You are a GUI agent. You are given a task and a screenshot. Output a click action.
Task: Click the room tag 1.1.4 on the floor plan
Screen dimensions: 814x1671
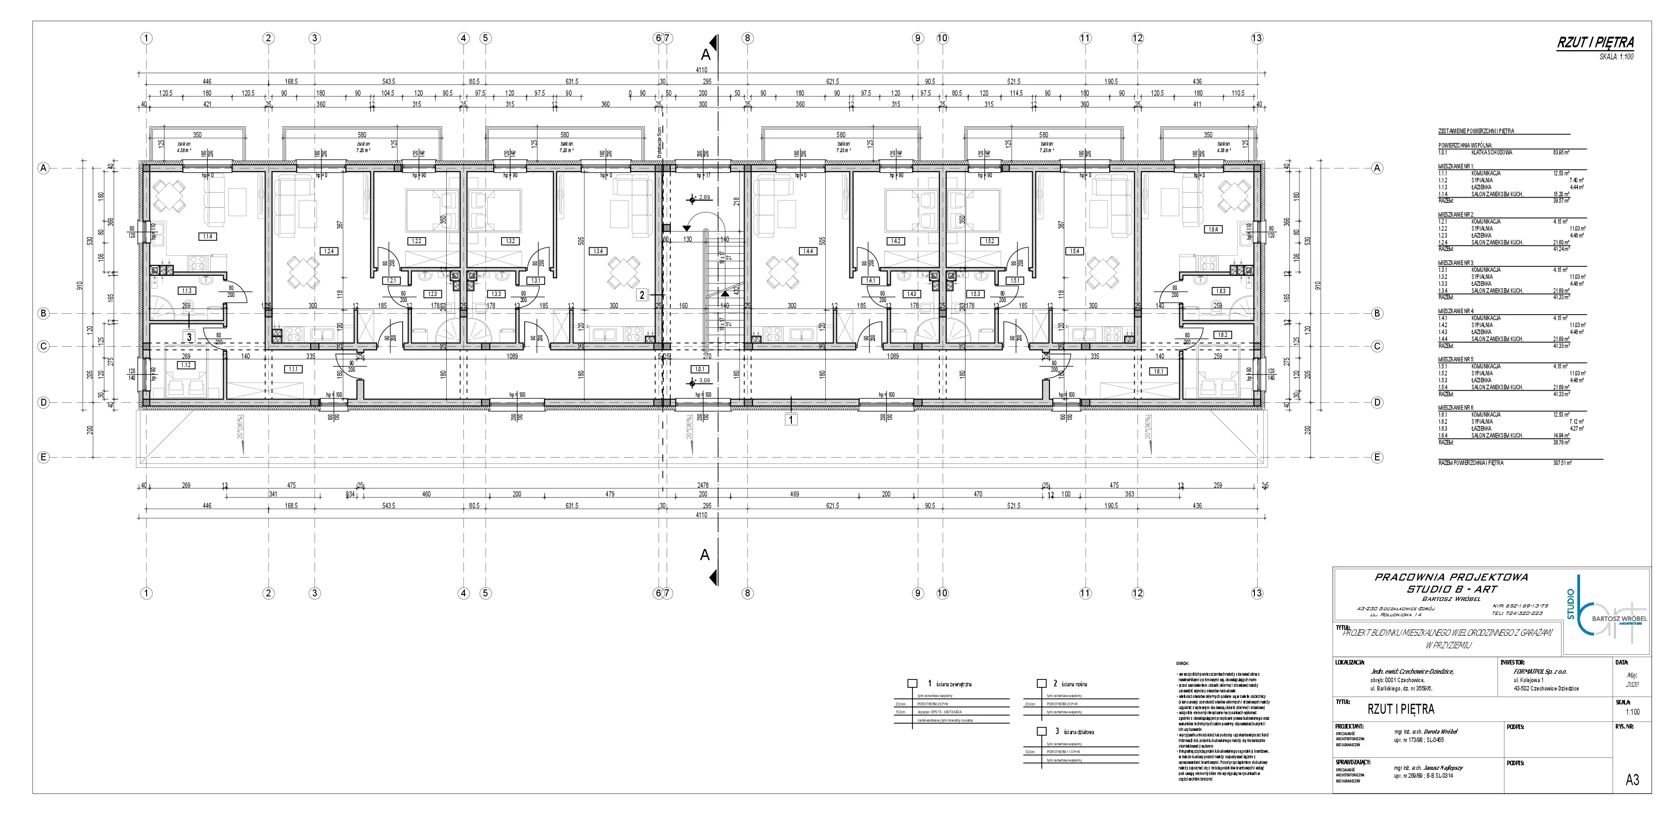(207, 237)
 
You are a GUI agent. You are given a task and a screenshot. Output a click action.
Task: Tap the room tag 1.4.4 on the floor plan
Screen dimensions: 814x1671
(808, 251)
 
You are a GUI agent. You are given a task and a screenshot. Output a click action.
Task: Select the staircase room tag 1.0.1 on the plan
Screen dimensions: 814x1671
(699, 369)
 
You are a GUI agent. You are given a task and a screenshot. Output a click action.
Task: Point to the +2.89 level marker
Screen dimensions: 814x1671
(702, 197)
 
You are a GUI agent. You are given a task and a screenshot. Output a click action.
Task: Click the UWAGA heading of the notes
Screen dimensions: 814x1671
(1183, 663)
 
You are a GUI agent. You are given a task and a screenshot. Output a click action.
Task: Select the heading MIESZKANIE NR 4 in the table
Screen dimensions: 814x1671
(1451, 311)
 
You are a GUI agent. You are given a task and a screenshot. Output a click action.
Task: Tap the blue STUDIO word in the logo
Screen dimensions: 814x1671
(1570, 604)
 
